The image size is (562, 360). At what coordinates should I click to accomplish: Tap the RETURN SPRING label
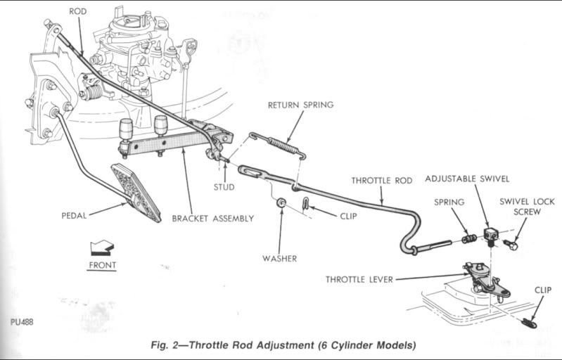coord(300,105)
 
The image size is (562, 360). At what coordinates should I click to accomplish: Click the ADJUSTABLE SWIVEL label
coord(467,179)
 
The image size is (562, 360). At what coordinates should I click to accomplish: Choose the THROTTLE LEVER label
coord(359,279)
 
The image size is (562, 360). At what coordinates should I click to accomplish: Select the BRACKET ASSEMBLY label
coord(213,219)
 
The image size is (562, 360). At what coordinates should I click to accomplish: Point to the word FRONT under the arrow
coord(103,265)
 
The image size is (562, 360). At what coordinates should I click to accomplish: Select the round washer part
coord(281,203)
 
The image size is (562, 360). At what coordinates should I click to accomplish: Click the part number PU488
coord(23,322)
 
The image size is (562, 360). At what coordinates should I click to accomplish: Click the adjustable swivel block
coord(491,233)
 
